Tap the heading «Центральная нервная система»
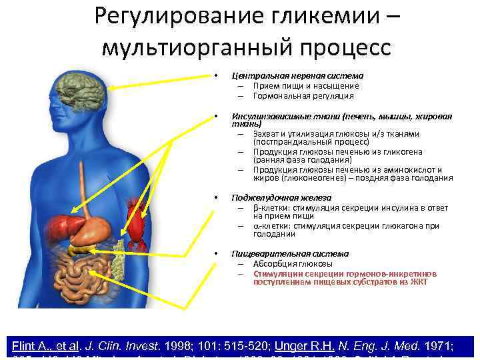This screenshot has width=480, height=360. click(x=297, y=76)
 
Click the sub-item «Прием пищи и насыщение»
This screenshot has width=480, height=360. click(x=306, y=86)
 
